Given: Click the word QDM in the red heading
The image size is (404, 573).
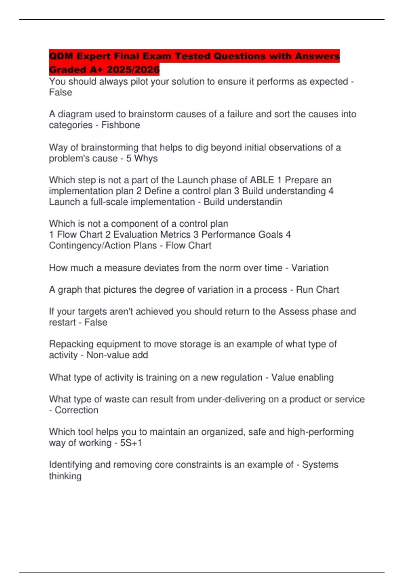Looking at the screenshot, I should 61,56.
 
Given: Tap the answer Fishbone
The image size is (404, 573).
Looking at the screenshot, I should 121,125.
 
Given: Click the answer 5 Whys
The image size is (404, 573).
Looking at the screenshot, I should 142,158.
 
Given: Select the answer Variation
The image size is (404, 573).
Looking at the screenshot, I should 310,268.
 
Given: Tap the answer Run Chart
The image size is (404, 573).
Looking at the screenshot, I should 317,290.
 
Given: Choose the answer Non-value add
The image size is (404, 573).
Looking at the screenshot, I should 117,355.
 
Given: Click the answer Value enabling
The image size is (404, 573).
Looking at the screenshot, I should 302,378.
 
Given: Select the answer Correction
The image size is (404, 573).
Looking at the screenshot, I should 76,410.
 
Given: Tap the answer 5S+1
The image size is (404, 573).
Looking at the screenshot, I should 131,443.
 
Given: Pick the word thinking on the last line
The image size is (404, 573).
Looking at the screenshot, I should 65,476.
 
